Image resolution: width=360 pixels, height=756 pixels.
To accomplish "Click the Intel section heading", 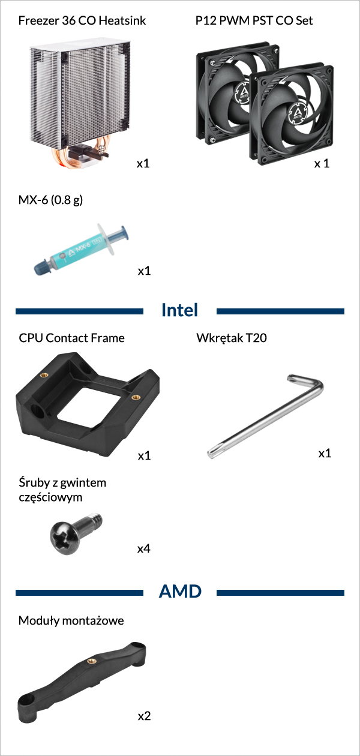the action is coord(179,310).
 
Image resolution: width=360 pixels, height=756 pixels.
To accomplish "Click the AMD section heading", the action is coord(180,592).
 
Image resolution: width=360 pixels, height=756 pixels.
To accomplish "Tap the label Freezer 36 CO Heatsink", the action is coord(82,20).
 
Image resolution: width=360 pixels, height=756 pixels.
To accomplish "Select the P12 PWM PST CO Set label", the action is coord(254,20).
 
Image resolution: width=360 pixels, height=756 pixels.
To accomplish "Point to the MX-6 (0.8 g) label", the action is coord(50,200).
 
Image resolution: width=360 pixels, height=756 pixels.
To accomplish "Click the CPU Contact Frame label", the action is coord(71,338).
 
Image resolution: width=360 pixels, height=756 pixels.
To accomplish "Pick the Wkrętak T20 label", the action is coord(232,338).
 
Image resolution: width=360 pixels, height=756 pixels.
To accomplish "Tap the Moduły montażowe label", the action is coord(71,620).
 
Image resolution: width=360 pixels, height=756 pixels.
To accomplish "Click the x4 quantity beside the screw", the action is coord(144,549).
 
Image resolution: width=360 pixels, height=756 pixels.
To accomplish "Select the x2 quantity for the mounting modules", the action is coord(144,716).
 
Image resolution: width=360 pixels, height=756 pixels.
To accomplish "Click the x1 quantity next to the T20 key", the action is coord(325,453).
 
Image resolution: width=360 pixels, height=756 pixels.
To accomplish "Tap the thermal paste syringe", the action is coord(82,249).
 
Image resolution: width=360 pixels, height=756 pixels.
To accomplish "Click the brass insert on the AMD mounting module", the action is coord(91,661).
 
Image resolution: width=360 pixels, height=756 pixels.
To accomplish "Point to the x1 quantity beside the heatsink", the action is coord(143,164).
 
